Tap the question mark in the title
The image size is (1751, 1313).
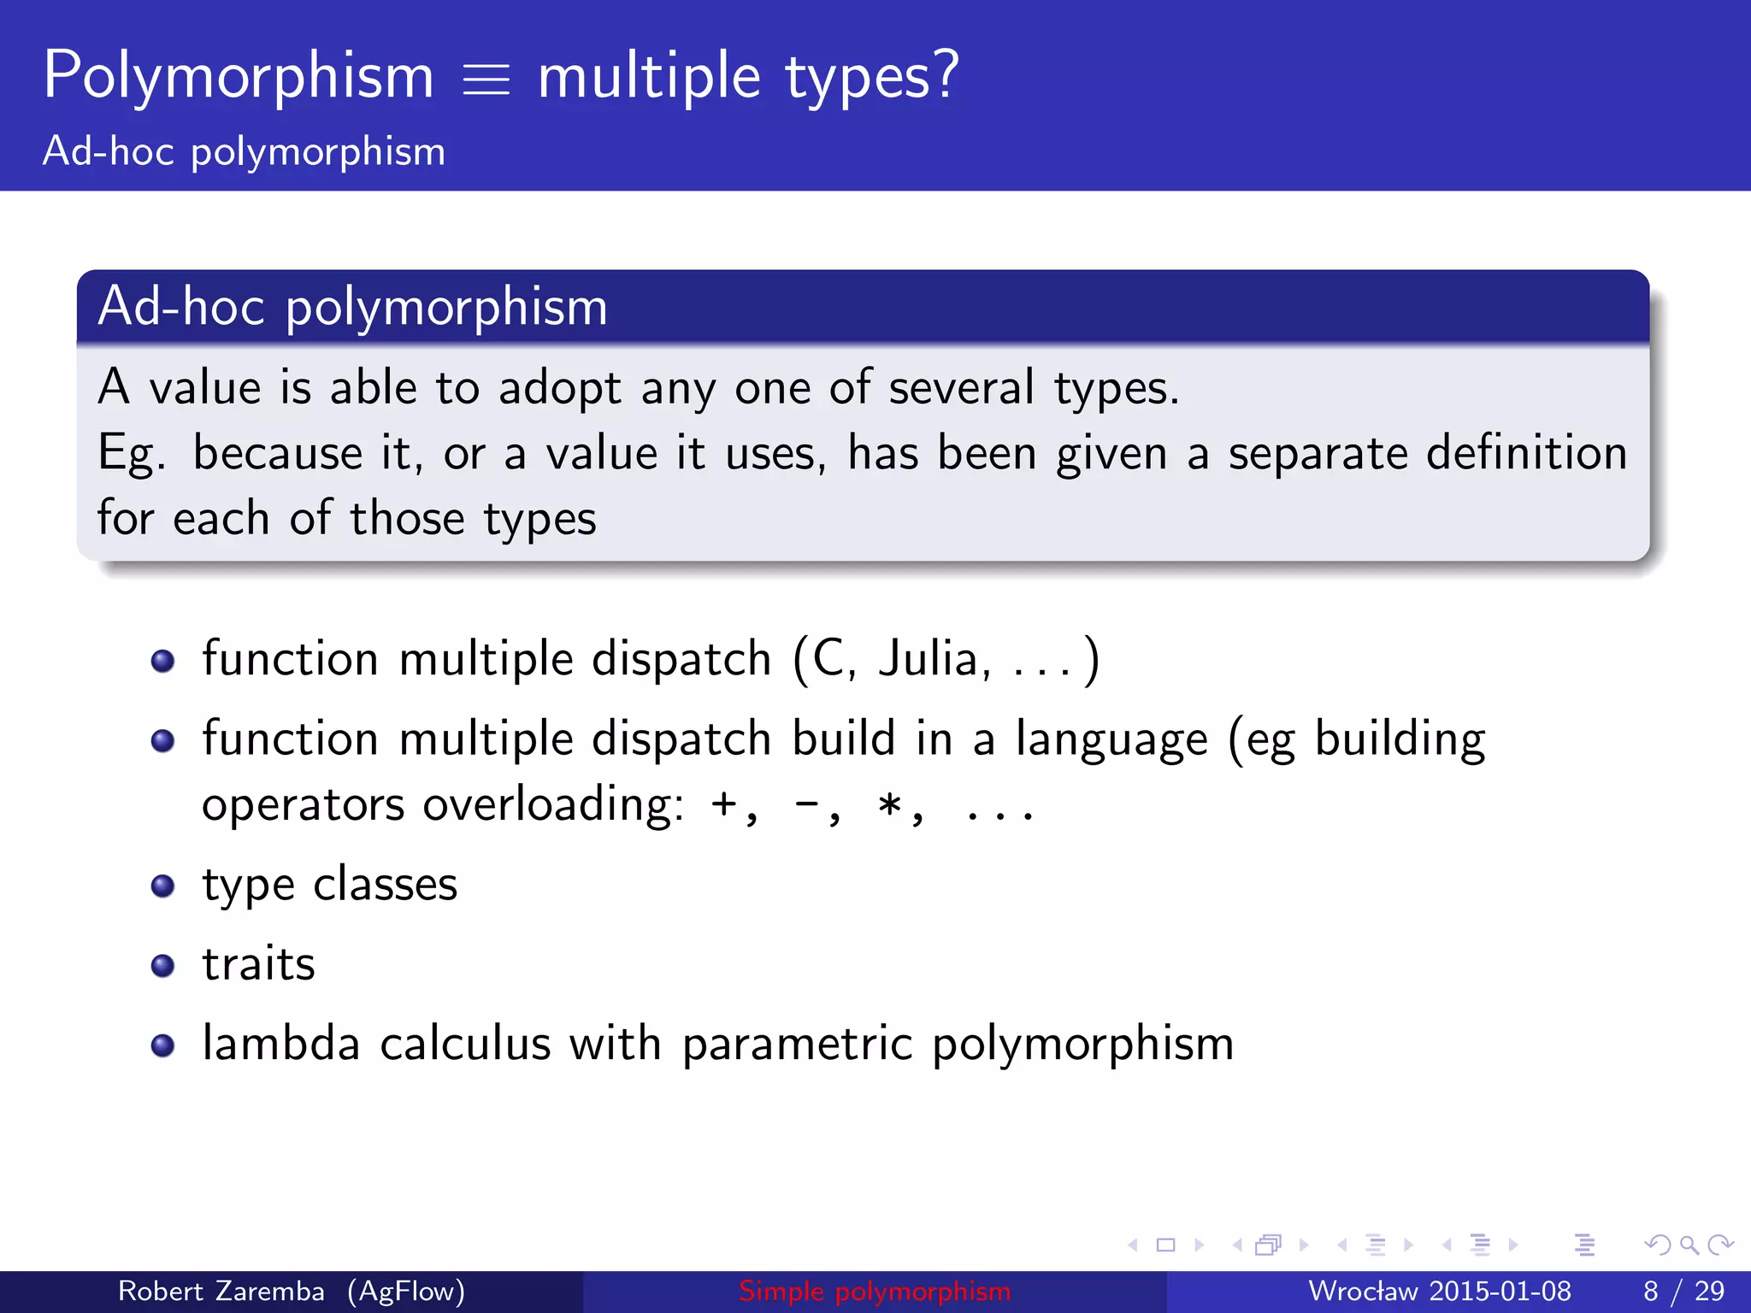click(x=946, y=75)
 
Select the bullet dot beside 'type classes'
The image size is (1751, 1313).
click(x=162, y=886)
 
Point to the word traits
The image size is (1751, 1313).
click(x=258, y=964)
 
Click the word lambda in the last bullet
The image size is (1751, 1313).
click(x=280, y=1044)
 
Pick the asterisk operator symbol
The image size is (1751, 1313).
click(x=890, y=804)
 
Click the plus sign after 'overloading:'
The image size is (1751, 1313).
click(x=724, y=804)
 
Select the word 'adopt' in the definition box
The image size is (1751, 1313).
click(x=559, y=389)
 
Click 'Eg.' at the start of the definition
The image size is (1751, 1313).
click(x=131, y=454)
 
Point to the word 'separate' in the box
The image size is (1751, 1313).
click(x=1318, y=454)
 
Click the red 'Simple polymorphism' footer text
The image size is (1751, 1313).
click(x=875, y=1291)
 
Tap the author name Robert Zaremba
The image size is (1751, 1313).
click(x=221, y=1291)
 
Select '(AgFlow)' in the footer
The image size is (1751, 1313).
click(x=406, y=1291)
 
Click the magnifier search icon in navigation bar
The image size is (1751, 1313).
click(x=1688, y=1245)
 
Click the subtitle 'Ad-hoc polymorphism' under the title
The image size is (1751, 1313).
click(x=244, y=152)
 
